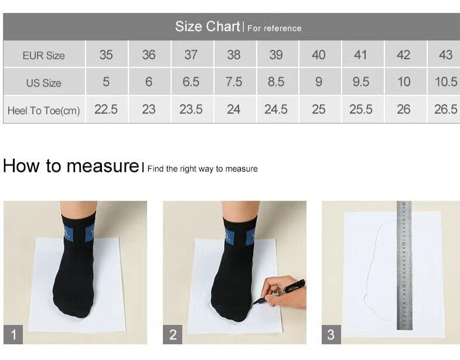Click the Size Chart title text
coord(207,27)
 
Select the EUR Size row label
coord(44,56)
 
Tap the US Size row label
coord(44,83)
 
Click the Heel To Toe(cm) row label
coord(44,111)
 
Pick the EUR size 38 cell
coord(234,54)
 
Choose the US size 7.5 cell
coord(234,81)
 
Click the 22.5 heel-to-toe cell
coord(106,109)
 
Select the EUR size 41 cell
coord(360,54)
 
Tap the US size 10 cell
coord(404,81)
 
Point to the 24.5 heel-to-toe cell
coord(276,109)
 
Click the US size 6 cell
coord(149,81)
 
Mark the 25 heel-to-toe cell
coord(319,109)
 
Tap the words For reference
coord(274,28)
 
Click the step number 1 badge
coord(13,334)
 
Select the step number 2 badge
coord(173,334)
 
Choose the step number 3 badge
coord(331,334)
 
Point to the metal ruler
coord(404,265)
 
